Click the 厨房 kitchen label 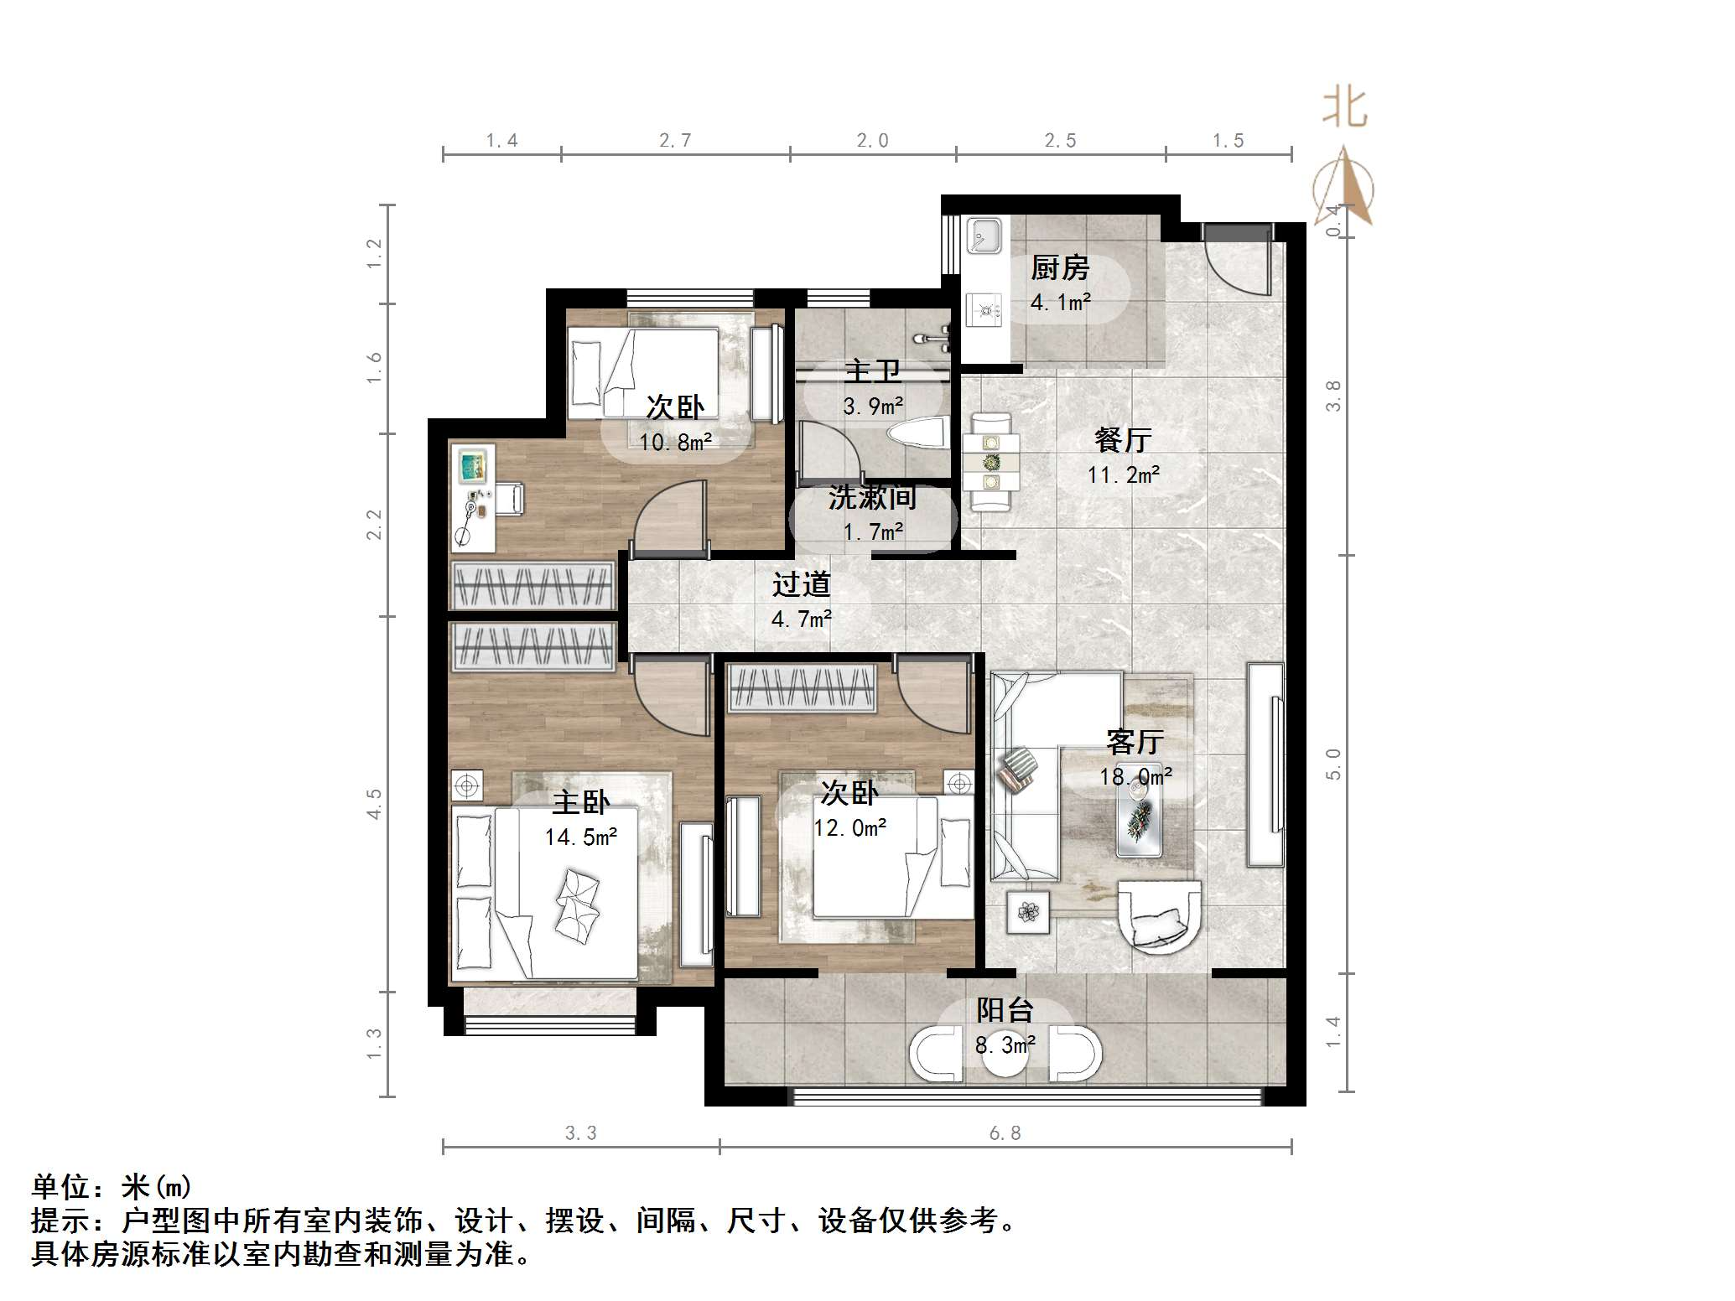pos(1060,268)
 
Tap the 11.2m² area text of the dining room pos(1124,475)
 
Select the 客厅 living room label pos(1135,742)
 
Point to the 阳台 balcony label pos(1005,1010)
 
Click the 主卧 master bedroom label pos(580,802)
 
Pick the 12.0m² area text pos(849,828)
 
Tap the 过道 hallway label pos(801,584)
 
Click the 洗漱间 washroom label pos(872,498)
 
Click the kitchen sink pos(983,236)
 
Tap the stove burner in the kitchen pos(984,310)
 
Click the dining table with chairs pos(991,461)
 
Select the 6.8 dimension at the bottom pos(1005,1133)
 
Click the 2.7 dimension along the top pos(675,141)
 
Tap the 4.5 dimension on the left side pos(374,803)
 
